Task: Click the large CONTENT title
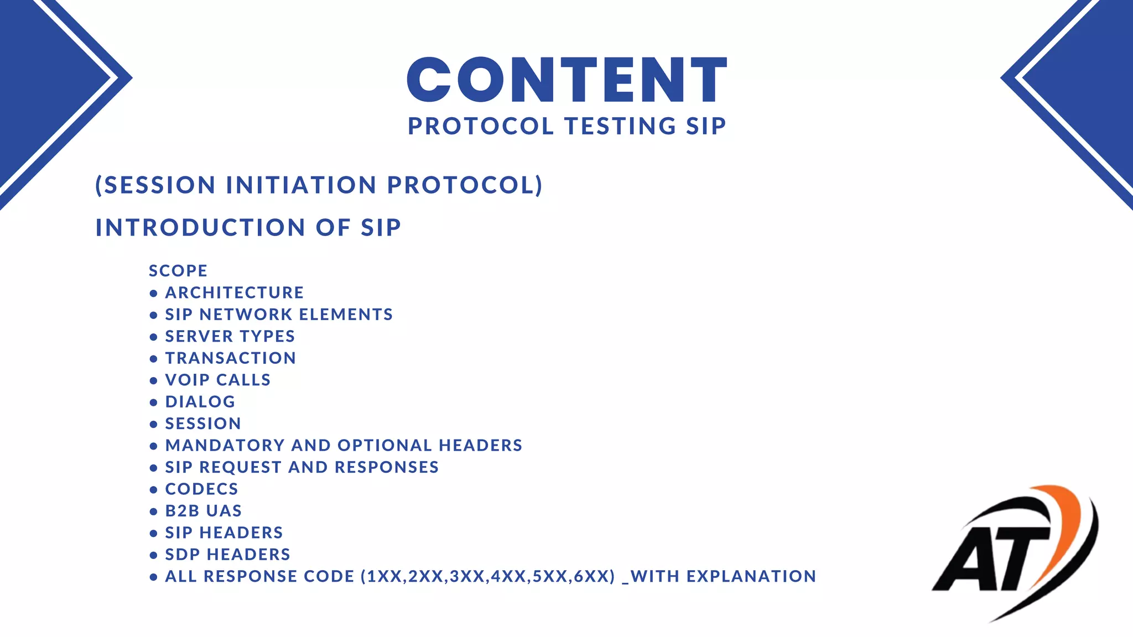click(x=566, y=80)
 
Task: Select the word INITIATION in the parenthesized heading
click(x=302, y=185)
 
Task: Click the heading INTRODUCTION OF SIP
click(x=248, y=228)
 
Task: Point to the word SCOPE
click(x=178, y=271)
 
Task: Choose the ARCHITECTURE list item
click(x=235, y=293)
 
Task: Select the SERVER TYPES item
click(x=230, y=336)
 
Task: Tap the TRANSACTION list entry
click(x=231, y=358)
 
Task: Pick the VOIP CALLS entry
click(x=218, y=380)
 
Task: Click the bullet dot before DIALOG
click(x=154, y=403)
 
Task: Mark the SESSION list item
click(x=203, y=424)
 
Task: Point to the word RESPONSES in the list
click(x=387, y=467)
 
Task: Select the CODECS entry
click(x=201, y=489)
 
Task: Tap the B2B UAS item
click(x=204, y=511)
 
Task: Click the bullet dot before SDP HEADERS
click(x=154, y=555)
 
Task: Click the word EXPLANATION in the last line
click(x=751, y=577)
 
